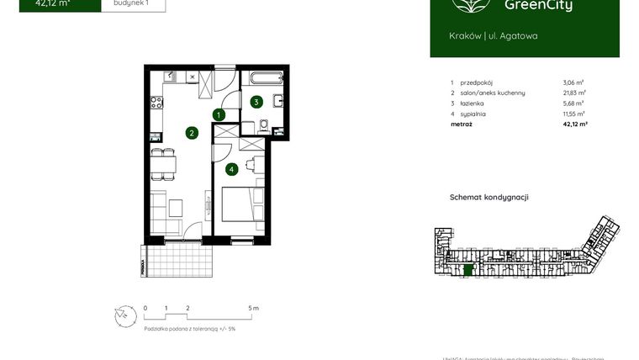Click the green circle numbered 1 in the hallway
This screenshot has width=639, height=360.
(219, 114)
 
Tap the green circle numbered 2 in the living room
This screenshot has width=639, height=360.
(192, 132)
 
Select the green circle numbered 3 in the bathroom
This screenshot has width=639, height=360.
(256, 102)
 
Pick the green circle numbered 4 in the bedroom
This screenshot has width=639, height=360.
(231, 169)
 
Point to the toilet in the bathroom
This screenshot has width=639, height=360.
(264, 126)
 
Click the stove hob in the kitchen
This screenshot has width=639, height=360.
(156, 104)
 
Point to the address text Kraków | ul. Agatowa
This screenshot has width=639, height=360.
(494, 36)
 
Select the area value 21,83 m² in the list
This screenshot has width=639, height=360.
(574, 93)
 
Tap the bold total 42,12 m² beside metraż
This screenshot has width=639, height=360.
(574, 124)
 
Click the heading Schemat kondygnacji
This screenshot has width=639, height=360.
(488, 198)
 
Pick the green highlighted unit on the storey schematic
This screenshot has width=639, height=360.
(469, 270)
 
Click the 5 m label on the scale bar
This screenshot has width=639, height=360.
(255, 309)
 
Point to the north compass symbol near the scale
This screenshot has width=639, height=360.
(124, 315)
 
